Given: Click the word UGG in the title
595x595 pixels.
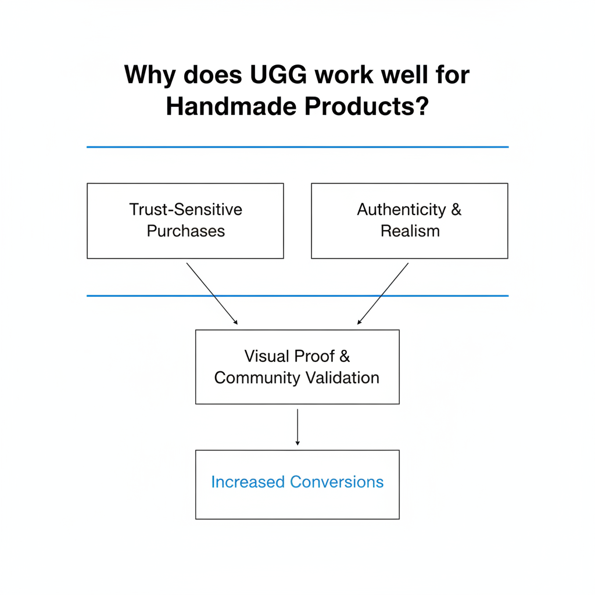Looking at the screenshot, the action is point(278,74).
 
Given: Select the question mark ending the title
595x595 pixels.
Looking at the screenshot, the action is point(422,106).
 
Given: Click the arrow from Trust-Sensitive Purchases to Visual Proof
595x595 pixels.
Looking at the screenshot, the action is point(212,293).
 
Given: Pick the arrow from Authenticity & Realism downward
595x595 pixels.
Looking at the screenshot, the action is point(383,293).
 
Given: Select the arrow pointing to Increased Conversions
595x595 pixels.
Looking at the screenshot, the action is point(297,427).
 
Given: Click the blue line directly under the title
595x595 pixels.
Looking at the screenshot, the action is point(297,147).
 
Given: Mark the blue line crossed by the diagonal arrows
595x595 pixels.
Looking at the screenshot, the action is point(297,296).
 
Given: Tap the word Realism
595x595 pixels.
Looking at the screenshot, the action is point(410,231).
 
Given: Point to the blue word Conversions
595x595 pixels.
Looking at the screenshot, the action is point(336,482).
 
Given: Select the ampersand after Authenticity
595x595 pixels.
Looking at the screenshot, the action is point(456,209).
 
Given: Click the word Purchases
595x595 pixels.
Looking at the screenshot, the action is point(186,231).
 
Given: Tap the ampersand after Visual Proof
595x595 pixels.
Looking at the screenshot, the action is point(345,356).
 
